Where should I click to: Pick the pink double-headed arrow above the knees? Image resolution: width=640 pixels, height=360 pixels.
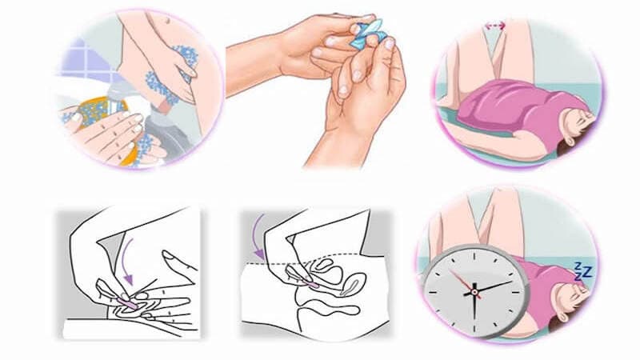click(494, 26)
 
